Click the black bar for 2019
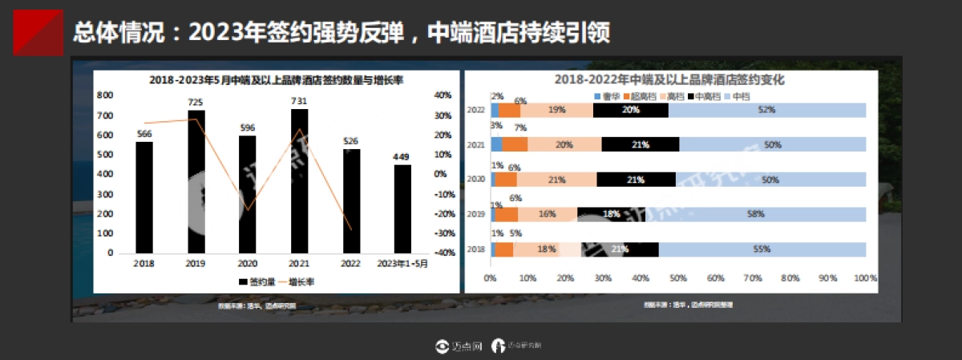[196, 180]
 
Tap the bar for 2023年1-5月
[402, 208]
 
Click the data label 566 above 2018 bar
[144, 134]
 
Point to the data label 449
[402, 156]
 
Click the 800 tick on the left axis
[105, 95]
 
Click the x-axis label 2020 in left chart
[248, 263]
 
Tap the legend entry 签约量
[257, 282]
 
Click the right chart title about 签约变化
[669, 80]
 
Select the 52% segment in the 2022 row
[767, 111]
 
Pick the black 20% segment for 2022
[631, 111]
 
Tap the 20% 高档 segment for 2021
[564, 145]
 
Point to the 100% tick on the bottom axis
[865, 278]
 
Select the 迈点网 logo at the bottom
[458, 346]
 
